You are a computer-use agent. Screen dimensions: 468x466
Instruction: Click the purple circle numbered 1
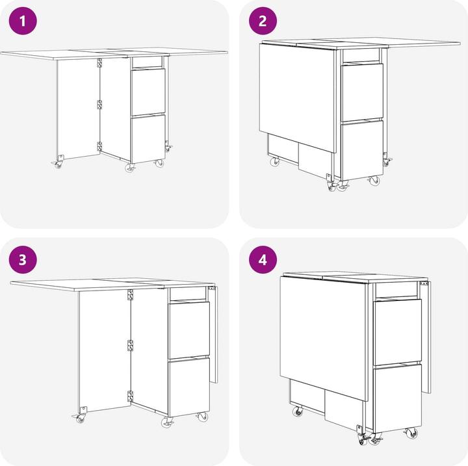(x=23, y=21)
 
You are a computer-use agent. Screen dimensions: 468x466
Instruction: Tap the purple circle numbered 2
(x=263, y=21)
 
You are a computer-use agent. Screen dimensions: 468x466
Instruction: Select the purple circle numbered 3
(x=23, y=259)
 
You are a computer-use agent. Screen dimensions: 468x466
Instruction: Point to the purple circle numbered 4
(x=263, y=259)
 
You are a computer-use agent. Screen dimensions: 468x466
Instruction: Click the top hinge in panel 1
(x=99, y=63)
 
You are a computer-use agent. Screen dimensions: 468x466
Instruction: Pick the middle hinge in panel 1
(x=99, y=105)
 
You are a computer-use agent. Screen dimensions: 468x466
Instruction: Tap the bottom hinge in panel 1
(x=99, y=146)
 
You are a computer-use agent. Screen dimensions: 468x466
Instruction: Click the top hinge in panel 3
(x=130, y=294)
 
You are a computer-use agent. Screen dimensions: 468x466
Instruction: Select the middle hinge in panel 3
(x=130, y=345)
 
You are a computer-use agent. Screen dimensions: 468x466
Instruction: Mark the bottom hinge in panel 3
(x=130, y=396)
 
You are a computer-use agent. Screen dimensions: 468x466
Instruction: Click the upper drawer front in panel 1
(x=148, y=92)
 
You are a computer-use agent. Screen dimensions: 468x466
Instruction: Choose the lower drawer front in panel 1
(x=148, y=139)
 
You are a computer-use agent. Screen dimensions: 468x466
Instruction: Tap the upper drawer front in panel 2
(x=362, y=92)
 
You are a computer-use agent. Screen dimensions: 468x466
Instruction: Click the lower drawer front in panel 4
(x=398, y=398)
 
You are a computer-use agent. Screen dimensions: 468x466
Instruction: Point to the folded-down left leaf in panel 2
(x=298, y=98)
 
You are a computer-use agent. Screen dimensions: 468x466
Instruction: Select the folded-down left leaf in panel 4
(x=323, y=339)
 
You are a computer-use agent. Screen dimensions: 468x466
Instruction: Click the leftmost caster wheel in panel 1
(x=58, y=164)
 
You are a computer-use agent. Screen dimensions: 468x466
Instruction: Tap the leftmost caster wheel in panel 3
(x=80, y=419)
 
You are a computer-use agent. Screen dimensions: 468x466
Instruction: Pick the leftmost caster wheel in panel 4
(x=298, y=412)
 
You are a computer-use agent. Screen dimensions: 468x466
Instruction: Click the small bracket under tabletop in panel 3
(x=212, y=289)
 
